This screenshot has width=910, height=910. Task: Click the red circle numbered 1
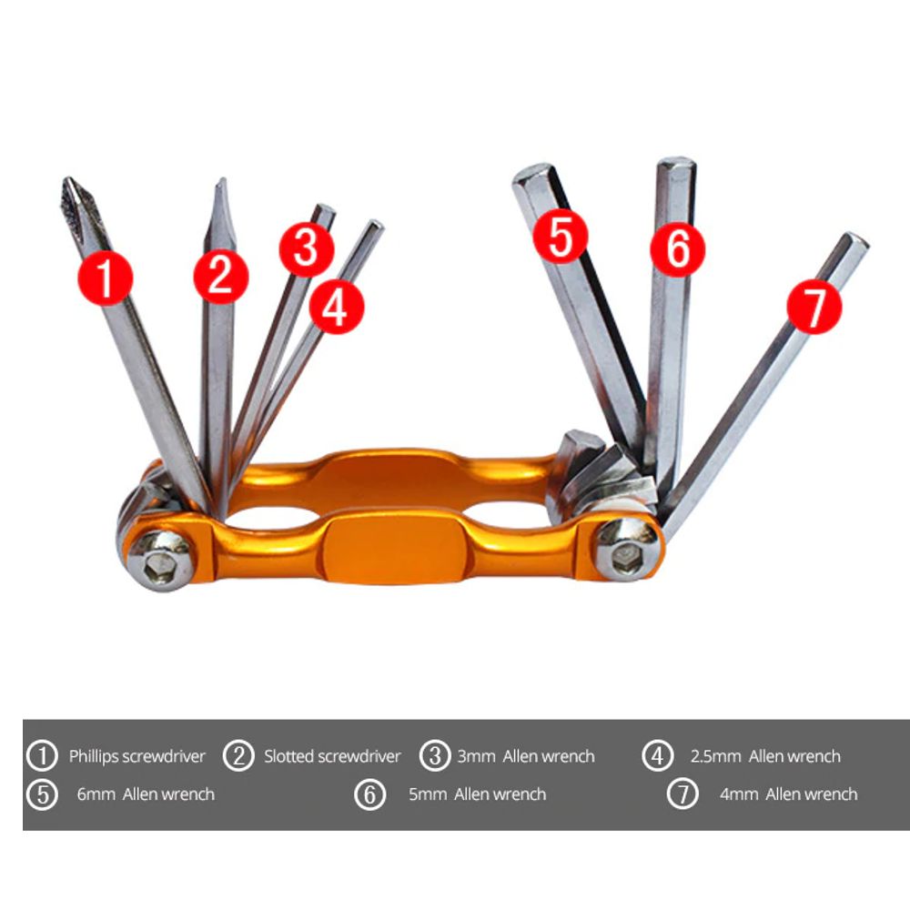click(106, 278)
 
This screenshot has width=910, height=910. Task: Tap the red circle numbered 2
click(220, 276)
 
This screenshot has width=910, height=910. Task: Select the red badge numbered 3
click(307, 248)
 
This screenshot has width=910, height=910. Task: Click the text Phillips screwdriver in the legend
click(137, 756)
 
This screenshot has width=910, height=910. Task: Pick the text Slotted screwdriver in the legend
click(332, 756)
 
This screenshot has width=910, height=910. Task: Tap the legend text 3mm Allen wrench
click(525, 756)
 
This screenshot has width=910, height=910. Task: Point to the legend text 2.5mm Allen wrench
click(764, 756)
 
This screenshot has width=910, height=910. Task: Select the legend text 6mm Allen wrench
click(146, 794)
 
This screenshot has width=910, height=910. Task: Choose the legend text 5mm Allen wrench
click(477, 794)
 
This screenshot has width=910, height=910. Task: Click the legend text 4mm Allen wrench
click(788, 794)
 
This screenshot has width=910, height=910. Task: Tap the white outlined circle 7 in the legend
click(682, 794)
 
